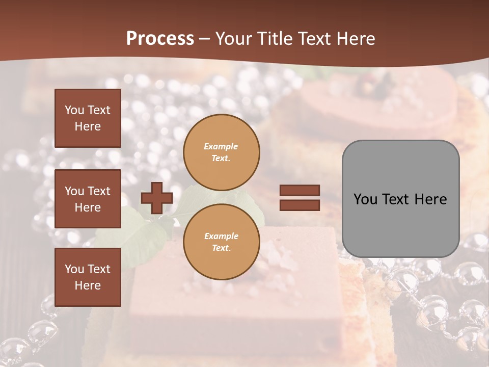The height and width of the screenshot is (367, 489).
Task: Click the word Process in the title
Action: [160, 39]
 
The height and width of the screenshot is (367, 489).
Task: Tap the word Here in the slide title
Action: [355, 39]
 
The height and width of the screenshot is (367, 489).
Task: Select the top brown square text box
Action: [88, 118]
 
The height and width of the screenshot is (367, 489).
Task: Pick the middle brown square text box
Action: [88, 199]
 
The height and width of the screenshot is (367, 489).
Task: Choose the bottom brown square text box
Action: [88, 277]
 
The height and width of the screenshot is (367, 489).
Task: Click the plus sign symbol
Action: [157, 198]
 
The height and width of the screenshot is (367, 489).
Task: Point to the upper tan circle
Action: [222, 152]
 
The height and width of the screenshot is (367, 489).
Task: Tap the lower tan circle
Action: [222, 242]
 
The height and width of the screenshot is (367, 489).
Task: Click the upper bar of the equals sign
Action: [300, 190]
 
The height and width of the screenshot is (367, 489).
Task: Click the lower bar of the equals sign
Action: [300, 205]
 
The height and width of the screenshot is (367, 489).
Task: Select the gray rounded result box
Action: [400, 199]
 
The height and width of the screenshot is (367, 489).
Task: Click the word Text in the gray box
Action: [400, 199]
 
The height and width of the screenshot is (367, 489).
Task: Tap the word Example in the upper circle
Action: [221, 146]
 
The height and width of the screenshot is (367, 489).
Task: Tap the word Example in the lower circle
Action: [221, 236]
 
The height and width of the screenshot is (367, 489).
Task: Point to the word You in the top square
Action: [74, 110]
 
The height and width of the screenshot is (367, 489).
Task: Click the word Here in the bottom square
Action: [88, 285]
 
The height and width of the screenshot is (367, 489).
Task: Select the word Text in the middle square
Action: [99, 191]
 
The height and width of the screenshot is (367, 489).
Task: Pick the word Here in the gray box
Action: [430, 199]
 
